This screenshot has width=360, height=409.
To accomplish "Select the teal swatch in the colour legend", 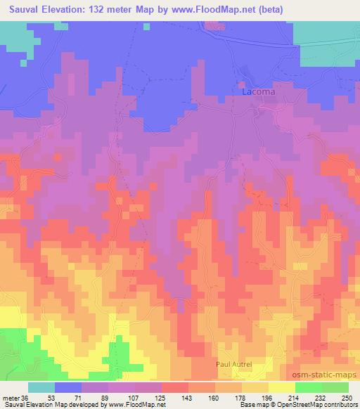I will pos(41,387).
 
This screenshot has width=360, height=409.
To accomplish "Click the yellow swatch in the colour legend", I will pos(282,387).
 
